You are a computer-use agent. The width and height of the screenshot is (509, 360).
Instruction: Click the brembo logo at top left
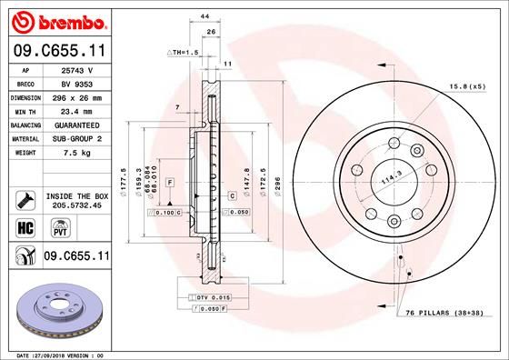[57, 20]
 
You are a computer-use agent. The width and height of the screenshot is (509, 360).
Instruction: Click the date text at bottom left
[55, 354]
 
